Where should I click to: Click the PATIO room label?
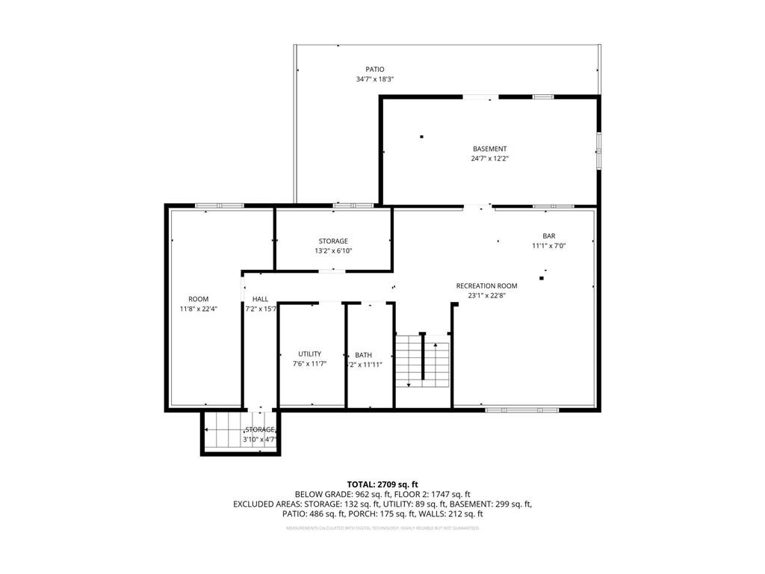tap(375, 70)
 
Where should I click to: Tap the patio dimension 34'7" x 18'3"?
tap(375, 79)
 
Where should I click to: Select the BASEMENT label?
tap(489, 149)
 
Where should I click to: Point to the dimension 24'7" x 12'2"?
tap(489, 158)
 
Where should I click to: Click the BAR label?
tap(549, 236)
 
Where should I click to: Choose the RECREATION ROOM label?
tap(486, 286)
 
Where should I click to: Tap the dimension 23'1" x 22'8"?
tap(486, 295)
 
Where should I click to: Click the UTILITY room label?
tap(309, 354)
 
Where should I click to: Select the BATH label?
tap(363, 355)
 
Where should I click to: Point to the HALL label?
tap(260, 299)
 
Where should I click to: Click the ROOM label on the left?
tap(198, 299)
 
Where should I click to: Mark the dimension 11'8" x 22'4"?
tap(198, 309)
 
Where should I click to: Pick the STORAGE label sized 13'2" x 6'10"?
tap(333, 241)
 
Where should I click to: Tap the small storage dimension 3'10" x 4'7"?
tap(260, 439)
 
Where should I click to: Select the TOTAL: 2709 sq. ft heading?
tap(382, 484)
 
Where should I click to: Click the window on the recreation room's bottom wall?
tap(521, 410)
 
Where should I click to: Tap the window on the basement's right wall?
tap(598, 150)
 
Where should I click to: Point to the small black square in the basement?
tap(421, 136)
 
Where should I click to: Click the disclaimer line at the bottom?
tap(382, 528)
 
